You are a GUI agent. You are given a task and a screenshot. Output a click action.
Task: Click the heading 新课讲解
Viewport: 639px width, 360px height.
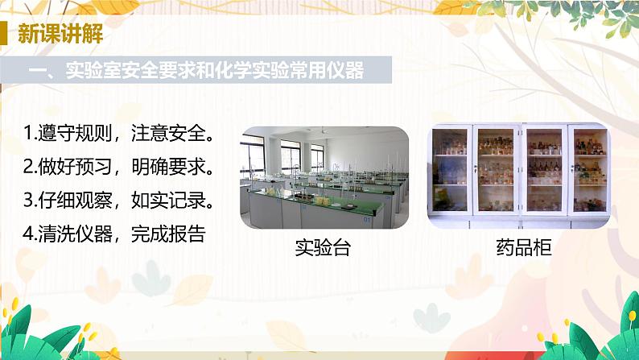pyautogui.click(x=60, y=35)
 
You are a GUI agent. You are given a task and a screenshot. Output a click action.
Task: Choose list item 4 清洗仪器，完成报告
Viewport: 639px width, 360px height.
pyautogui.click(x=114, y=234)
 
